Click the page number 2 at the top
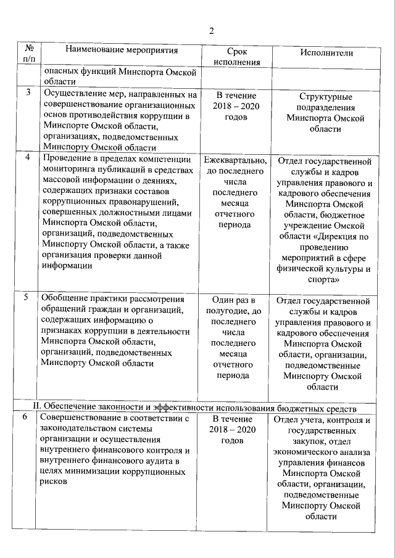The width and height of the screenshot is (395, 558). tap(210, 31)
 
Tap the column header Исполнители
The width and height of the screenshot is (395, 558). tap(326, 52)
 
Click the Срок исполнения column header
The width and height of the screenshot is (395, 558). tap(235, 57)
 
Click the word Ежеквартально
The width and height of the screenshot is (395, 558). tap(235, 161)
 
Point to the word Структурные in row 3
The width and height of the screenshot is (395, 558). tap(326, 97)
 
